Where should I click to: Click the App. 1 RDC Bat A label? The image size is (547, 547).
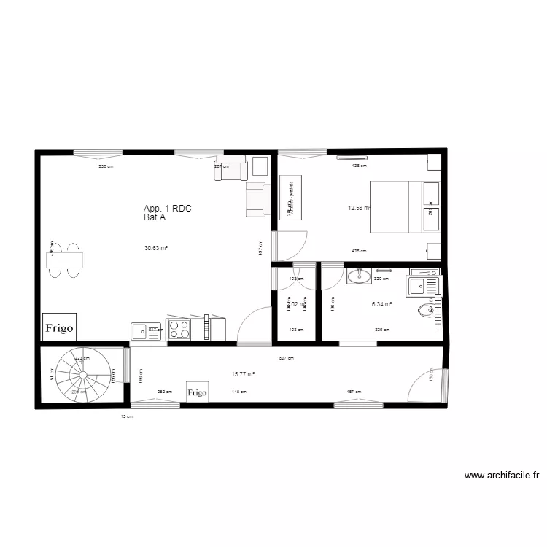coord(168,212)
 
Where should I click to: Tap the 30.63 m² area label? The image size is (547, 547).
coord(156,248)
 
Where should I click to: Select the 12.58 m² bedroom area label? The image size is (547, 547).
coord(359,208)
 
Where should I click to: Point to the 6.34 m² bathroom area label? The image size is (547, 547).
coord(382,305)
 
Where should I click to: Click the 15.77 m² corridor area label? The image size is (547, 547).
coord(243,374)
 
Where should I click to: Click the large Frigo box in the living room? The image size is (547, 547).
coord(59,328)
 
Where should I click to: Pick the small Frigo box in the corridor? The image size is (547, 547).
coord(197,392)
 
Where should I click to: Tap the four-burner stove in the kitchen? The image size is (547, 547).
coord(179,329)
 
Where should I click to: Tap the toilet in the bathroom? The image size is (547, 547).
coord(427,311)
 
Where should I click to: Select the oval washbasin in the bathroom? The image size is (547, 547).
coord(358,276)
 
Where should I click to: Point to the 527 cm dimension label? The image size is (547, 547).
coord(287,358)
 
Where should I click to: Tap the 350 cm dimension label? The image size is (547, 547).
coord(106,166)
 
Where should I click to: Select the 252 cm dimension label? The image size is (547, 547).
coord(165,392)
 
